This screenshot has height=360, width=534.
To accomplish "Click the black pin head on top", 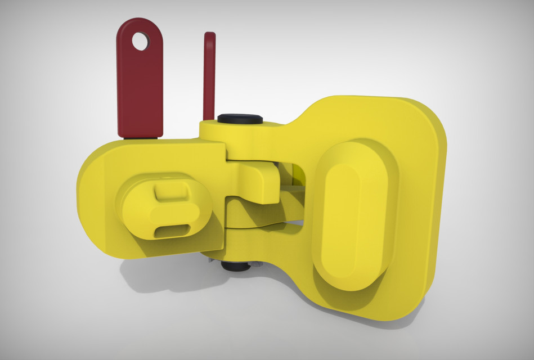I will [240, 119].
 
